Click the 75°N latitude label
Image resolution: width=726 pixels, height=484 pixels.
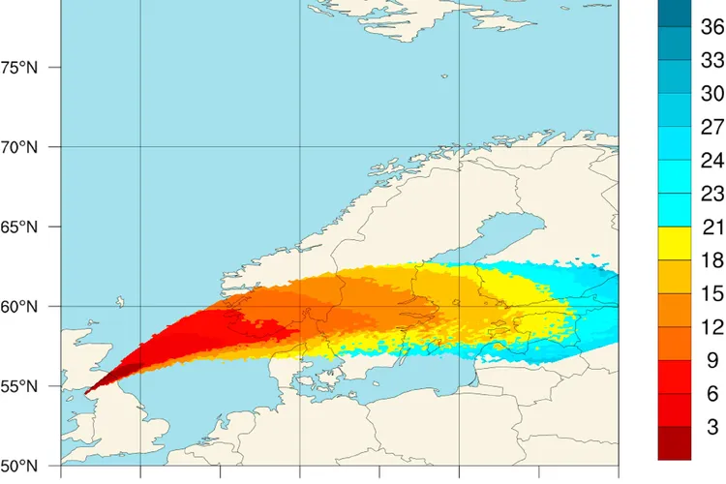[19, 68]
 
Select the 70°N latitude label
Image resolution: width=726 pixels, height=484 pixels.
[19, 147]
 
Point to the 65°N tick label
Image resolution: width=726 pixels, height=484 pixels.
[19, 227]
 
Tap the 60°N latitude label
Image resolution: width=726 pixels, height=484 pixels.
[19, 307]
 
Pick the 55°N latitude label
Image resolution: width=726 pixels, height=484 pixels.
[19, 386]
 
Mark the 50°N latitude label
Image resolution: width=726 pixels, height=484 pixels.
[19, 466]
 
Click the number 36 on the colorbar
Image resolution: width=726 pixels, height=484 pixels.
[712, 29]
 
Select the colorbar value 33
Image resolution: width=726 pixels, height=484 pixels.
[712, 61]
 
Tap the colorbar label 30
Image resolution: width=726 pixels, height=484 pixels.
[712, 94]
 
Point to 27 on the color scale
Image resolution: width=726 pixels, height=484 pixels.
[712, 127]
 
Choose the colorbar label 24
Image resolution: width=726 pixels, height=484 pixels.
[712, 160]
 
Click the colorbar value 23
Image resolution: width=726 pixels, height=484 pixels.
[712, 194]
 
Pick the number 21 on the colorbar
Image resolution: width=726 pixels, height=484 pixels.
[712, 227]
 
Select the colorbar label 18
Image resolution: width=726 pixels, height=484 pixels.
[712, 260]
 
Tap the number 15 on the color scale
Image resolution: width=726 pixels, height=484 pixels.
[712, 293]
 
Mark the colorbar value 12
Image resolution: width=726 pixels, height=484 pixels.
[712, 327]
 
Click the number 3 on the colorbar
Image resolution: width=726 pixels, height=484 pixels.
[712, 427]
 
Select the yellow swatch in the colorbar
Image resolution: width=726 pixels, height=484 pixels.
[674, 244]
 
